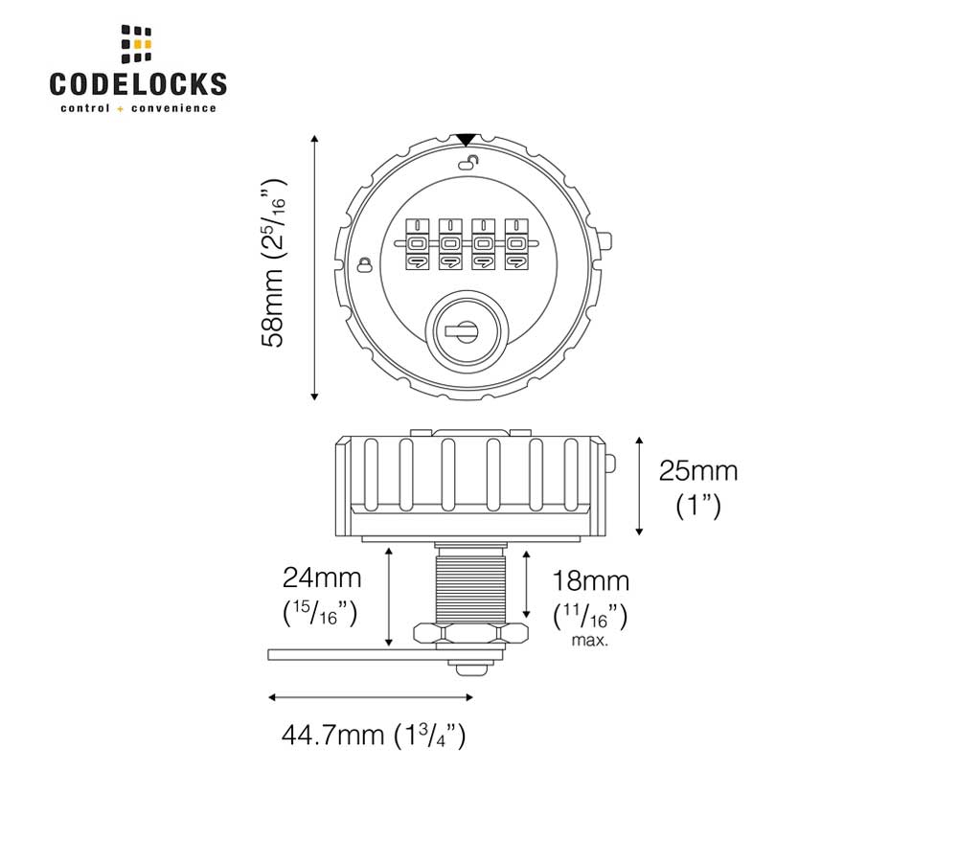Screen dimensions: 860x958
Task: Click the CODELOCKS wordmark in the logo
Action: pos(138,83)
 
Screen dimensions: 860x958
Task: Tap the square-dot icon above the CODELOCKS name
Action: pos(137,44)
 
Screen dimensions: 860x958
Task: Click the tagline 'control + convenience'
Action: pos(138,108)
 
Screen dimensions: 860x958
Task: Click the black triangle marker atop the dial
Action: pos(467,140)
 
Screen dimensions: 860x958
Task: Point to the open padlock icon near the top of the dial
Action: pos(468,163)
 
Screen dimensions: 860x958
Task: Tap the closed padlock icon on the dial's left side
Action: pos(364,264)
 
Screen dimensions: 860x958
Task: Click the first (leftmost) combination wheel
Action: pos(420,246)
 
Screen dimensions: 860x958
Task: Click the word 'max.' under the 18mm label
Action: pos(590,640)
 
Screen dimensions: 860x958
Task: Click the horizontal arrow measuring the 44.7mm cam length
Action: pos(371,697)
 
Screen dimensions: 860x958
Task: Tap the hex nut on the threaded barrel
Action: pos(470,632)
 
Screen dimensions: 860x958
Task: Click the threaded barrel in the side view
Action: pos(468,584)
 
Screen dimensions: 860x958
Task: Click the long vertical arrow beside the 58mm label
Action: pos(314,268)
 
